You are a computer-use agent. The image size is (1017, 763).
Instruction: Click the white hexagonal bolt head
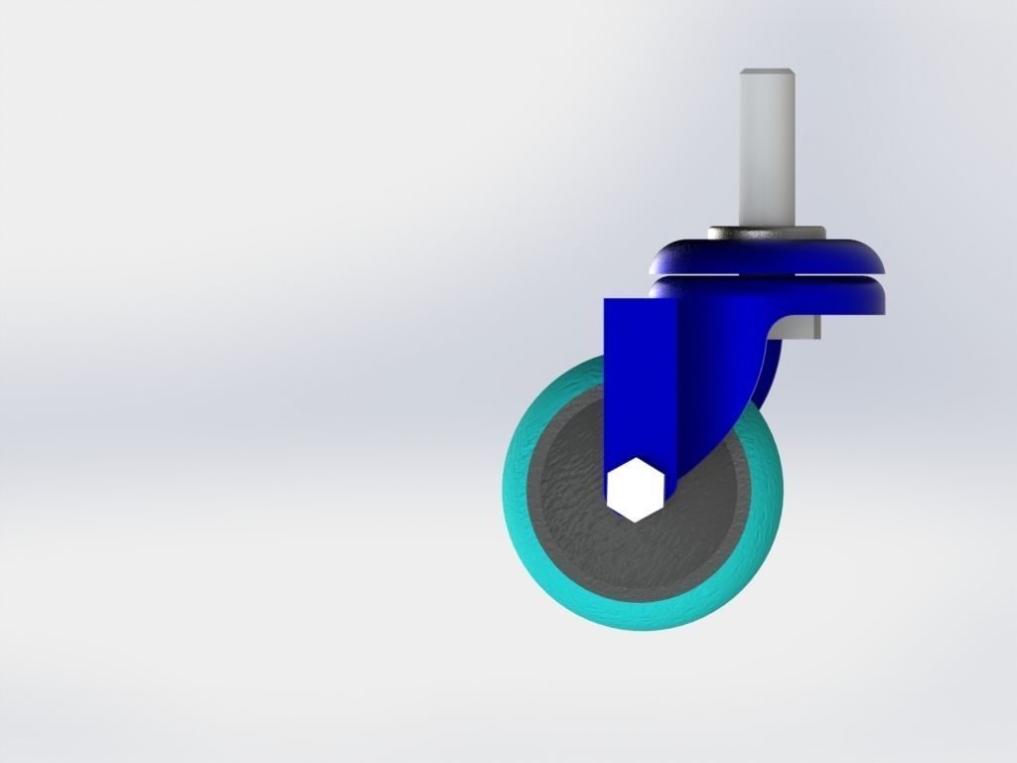(634, 488)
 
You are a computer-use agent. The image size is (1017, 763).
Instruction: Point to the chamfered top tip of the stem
(766, 73)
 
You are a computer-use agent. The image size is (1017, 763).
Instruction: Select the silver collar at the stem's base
(766, 233)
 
